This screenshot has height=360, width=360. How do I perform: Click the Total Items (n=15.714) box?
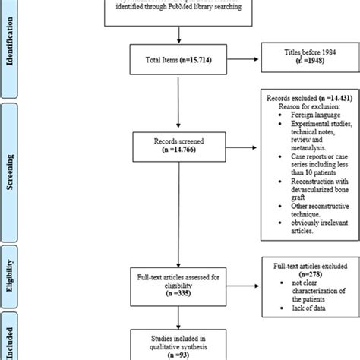pos(178,69)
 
